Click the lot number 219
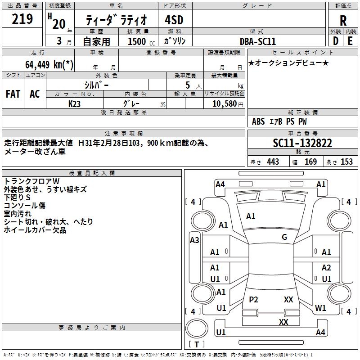pos(22,19)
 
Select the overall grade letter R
pos(343,21)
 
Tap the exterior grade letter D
pos(335,40)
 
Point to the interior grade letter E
pos(350,40)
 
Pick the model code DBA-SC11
pos(258,41)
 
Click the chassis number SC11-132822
pos(302,143)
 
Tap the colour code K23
pos(75,103)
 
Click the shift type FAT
pos(13,94)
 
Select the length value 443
pos(273,162)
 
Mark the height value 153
pos(346,162)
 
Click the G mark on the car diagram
pos(284,237)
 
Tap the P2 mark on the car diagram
pos(253,299)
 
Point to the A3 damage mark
pos(194,240)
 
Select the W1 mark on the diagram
pos(320,308)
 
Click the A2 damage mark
pos(326,268)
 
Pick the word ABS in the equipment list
pos(258,121)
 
